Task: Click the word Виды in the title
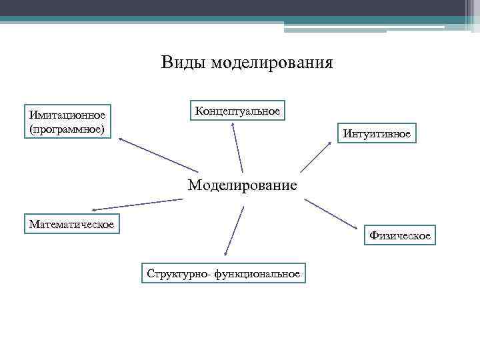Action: pyautogui.click(x=183, y=63)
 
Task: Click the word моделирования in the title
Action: pyautogui.click(x=271, y=63)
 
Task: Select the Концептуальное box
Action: pyautogui.click(x=238, y=111)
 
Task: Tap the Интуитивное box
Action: pyautogui.click(x=377, y=134)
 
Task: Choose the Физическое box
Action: pyautogui.click(x=400, y=235)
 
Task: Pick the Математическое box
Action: pyautogui.click(x=71, y=224)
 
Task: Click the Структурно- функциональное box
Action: pyautogui.click(x=224, y=273)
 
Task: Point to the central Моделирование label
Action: pyautogui.click(x=242, y=185)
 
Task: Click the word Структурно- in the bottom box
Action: pyautogui.click(x=175, y=273)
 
